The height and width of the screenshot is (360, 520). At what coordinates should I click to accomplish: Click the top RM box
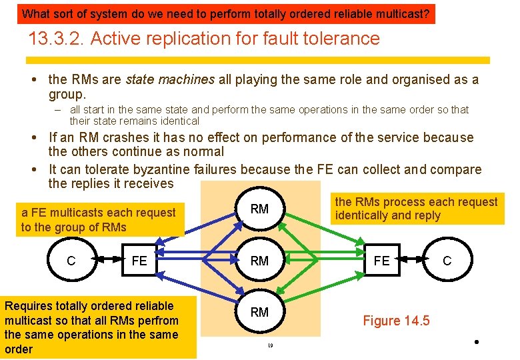(259, 209)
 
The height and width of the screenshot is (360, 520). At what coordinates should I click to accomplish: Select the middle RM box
(259, 261)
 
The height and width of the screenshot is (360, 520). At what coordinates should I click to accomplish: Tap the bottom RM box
(259, 312)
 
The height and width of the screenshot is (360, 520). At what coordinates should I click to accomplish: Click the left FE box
(139, 261)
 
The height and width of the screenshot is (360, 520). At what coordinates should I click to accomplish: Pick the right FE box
(382, 261)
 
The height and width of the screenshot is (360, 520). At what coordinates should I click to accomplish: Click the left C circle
(71, 261)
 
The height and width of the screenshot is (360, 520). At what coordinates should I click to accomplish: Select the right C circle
(447, 261)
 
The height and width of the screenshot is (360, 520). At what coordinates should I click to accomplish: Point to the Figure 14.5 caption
(396, 321)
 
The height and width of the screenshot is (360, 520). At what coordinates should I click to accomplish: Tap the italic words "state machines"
(170, 79)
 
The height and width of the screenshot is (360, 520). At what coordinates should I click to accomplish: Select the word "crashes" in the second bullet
(124, 138)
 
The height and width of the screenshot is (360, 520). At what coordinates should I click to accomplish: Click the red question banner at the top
(225, 13)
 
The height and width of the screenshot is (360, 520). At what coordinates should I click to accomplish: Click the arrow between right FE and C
(414, 261)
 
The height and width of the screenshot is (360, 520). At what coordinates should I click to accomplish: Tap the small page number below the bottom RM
(271, 345)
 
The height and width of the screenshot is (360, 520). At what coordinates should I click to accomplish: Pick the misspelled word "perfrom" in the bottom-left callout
(159, 320)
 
